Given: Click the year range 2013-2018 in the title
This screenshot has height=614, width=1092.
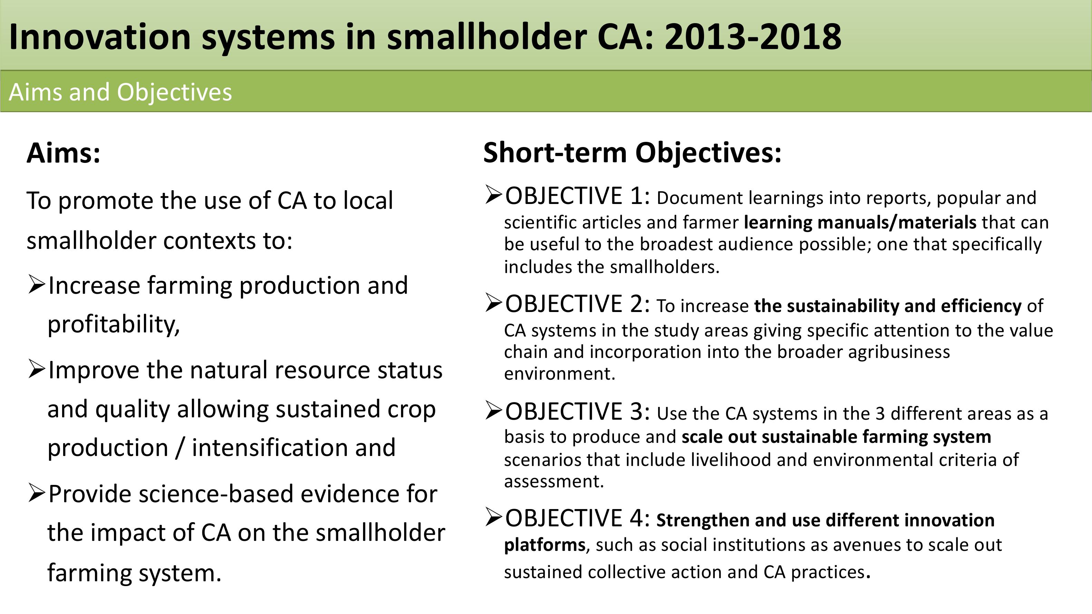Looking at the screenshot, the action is click(x=753, y=37).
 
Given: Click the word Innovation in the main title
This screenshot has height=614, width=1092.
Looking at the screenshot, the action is click(x=100, y=37).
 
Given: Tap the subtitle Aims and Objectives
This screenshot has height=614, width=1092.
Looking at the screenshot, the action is click(x=120, y=92).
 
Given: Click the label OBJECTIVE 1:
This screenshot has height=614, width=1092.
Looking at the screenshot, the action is click(x=577, y=196).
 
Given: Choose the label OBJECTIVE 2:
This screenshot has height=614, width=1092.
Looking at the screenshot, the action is click(x=577, y=304).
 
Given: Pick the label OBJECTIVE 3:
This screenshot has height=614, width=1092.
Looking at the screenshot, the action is click(x=577, y=411).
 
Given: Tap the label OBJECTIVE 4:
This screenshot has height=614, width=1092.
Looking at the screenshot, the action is click(x=577, y=518).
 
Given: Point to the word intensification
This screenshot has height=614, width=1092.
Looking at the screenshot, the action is click(x=293, y=448).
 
